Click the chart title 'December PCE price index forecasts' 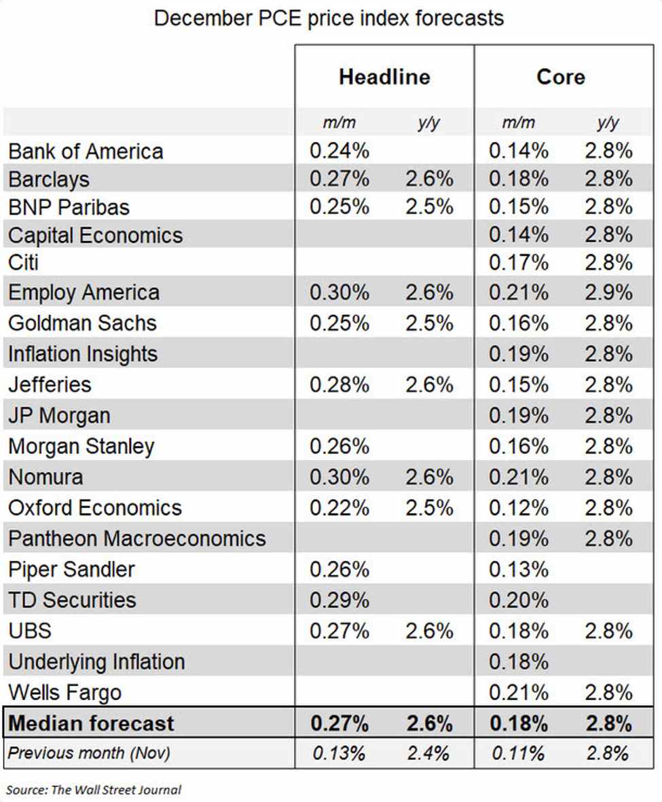pos(329,18)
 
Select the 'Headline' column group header pos(384,77)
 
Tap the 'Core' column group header pos(560,77)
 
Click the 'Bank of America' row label pos(86,151)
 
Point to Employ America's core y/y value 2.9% pos(608,293)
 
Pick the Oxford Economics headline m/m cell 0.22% pos(339,508)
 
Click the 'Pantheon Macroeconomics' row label pos(137,539)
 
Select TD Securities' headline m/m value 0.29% pos(339,600)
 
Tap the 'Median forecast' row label pos(92,723)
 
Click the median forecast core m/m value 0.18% pos(519,723)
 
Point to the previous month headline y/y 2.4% pos(429,753)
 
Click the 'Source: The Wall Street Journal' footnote pos(94,789)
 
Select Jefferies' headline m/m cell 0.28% pos(339,384)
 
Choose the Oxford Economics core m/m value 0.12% pos(519,508)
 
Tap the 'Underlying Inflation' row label pos(96,661)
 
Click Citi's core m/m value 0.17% pos(519,262)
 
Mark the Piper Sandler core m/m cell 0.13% pos(519,570)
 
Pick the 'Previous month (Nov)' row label pos(89,753)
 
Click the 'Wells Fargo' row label pos(65,693)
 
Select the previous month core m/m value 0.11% pos(519,753)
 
